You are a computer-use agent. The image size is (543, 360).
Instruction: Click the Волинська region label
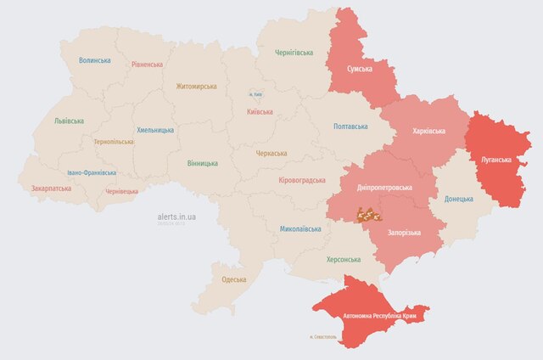94,61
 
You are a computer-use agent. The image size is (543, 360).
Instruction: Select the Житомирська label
196,87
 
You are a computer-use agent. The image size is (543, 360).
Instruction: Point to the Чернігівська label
294,53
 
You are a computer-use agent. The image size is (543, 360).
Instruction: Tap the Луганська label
496,160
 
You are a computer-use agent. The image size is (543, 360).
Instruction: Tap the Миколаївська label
300,229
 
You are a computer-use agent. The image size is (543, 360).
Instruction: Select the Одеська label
233,279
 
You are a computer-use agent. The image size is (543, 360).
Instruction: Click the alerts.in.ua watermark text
177,217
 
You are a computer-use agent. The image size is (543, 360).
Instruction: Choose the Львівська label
68,121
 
